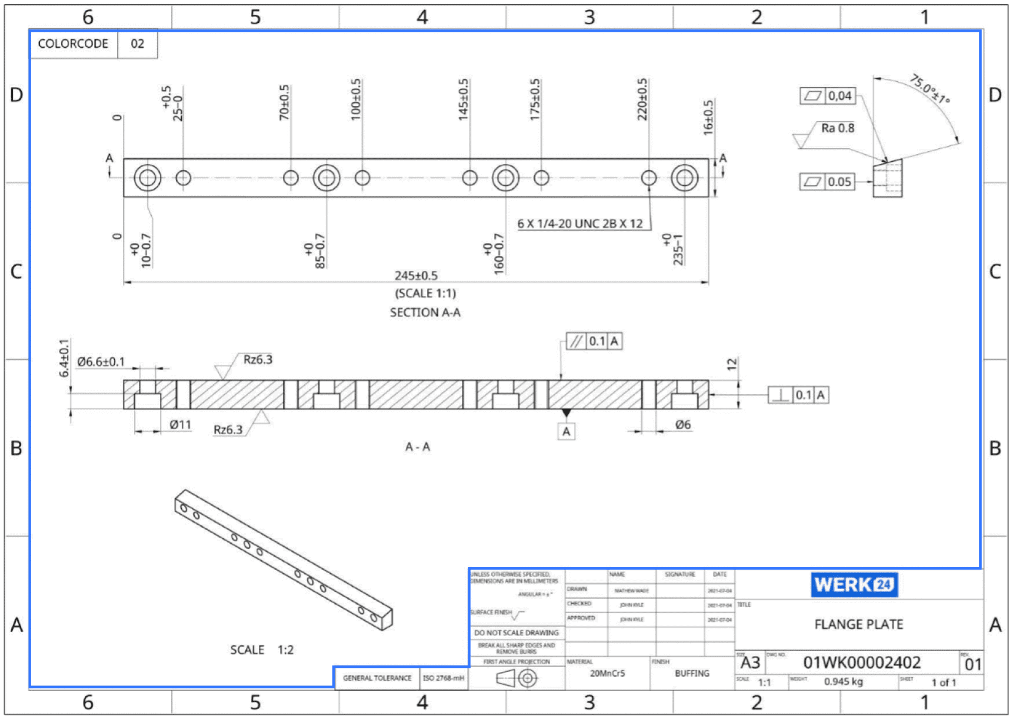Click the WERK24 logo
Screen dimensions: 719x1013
click(x=854, y=584)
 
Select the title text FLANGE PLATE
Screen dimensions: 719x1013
click(x=858, y=624)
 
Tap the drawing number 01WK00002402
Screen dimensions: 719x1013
click(x=861, y=663)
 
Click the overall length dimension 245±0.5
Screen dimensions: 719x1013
click(x=416, y=275)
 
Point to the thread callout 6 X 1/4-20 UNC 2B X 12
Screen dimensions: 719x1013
click(x=579, y=224)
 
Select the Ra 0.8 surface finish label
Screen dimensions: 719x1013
click(x=837, y=128)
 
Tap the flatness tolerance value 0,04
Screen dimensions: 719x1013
click(x=839, y=96)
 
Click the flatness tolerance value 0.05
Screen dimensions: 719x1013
click(x=839, y=182)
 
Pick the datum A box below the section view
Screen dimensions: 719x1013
click(x=566, y=431)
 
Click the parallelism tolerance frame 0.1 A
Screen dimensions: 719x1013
click(x=594, y=341)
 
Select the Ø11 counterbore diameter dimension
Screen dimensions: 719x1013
click(x=180, y=424)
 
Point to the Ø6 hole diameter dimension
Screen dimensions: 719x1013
click(x=682, y=424)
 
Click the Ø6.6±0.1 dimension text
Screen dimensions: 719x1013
click(x=101, y=361)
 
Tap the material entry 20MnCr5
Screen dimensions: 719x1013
click(x=607, y=673)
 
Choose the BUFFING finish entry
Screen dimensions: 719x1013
click(x=692, y=673)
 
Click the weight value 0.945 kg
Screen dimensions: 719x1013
click(x=843, y=682)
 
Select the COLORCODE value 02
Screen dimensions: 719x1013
click(x=137, y=44)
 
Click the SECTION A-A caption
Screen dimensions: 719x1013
click(x=425, y=312)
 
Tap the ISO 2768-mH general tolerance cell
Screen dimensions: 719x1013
click(x=443, y=678)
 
